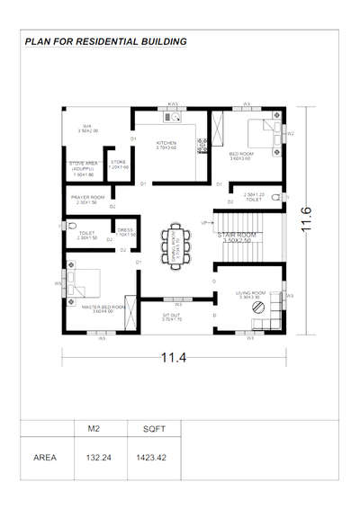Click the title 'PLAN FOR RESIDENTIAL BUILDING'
click(106, 41)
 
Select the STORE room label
click(118, 165)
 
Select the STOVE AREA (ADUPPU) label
click(85, 165)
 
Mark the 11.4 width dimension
click(171, 359)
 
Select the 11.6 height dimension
click(307, 217)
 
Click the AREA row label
click(45, 457)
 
